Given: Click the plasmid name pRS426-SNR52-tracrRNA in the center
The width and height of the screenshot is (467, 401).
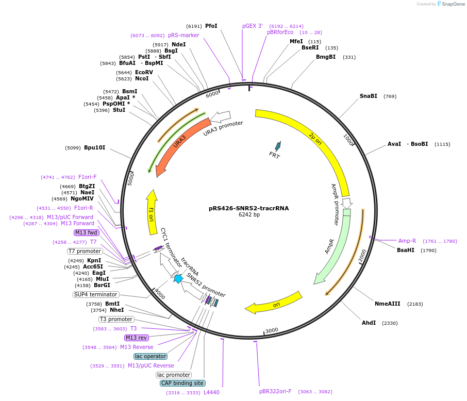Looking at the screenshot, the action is [248, 208].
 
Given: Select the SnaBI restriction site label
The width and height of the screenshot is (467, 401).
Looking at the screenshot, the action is [369, 96].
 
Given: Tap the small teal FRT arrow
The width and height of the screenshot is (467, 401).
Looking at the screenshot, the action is [278, 146].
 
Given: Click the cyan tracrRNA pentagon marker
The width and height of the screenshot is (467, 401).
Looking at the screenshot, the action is [178, 279].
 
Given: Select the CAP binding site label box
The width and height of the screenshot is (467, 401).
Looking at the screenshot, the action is [182, 383].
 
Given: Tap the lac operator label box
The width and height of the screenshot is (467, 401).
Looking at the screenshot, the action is [151, 356].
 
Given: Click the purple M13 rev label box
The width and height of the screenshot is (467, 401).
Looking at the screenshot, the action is [137, 338].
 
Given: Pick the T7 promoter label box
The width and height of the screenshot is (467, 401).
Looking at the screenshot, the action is [85, 251].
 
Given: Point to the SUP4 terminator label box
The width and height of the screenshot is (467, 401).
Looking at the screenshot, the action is [96, 294].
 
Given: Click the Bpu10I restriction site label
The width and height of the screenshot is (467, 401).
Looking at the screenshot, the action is [95, 147].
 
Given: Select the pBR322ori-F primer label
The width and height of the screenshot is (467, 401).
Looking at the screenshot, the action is [275, 392].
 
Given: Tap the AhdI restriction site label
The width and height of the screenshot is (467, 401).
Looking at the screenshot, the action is [369, 323].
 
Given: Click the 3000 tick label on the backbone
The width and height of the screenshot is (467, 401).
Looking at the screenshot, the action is [272, 330].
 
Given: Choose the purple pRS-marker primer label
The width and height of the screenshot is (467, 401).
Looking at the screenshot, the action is [184, 35].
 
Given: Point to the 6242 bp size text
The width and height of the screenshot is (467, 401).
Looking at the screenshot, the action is [249, 214].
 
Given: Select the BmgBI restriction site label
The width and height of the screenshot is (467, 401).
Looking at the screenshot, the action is [326, 57].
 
